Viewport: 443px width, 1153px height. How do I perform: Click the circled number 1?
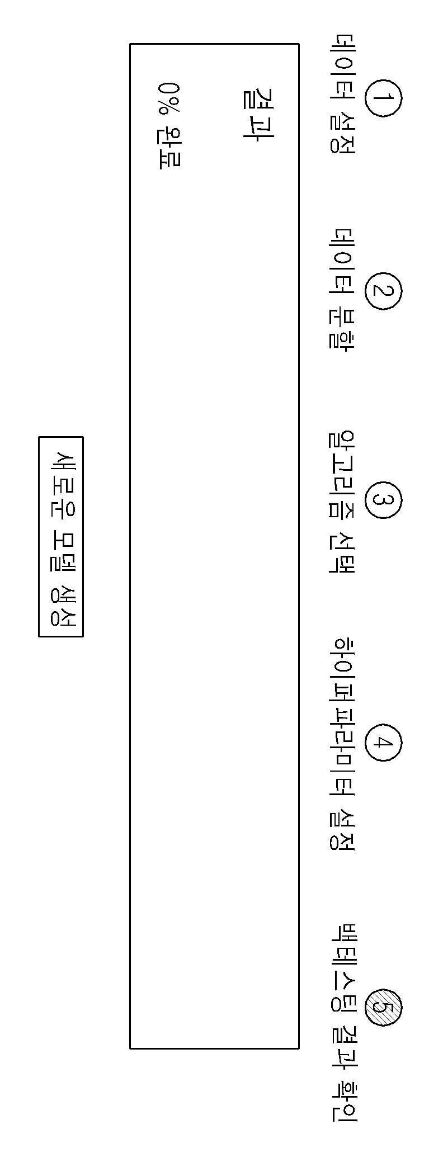point(383,98)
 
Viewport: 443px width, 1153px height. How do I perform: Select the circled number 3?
point(383,500)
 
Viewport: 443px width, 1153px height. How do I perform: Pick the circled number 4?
point(383,743)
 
